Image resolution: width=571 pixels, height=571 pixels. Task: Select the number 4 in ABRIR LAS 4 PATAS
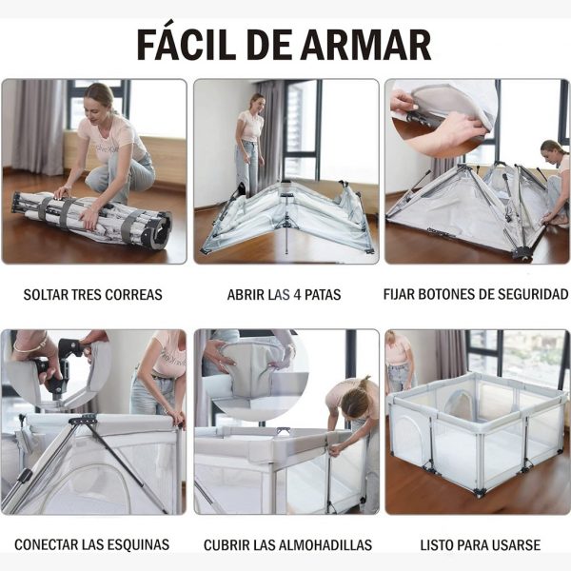click(x=299, y=295)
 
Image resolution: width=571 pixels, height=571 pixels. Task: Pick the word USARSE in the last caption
click(x=514, y=545)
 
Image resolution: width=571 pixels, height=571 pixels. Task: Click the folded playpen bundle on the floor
click(x=90, y=219)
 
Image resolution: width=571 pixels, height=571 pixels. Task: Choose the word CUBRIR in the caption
click(x=226, y=545)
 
